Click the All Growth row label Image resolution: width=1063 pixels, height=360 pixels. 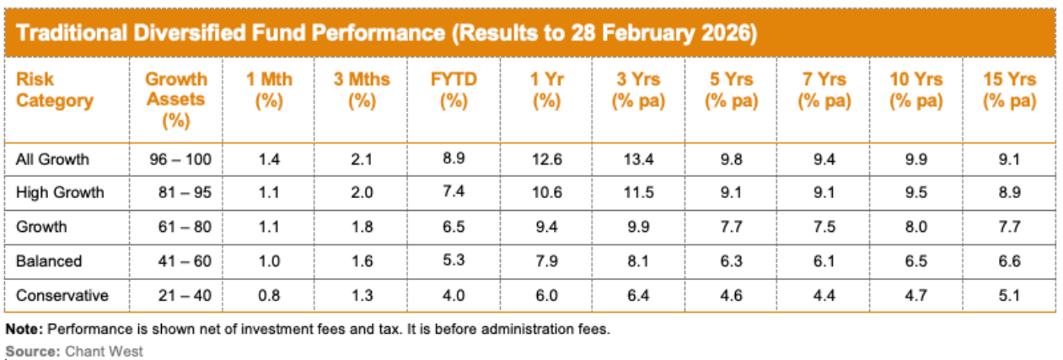pyautogui.click(x=52, y=158)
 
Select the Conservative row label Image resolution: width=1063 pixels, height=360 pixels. pyautogui.click(x=62, y=296)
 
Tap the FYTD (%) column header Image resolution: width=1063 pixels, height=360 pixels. pyautogui.click(x=454, y=90)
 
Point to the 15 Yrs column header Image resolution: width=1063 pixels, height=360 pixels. pyautogui.click(x=1009, y=90)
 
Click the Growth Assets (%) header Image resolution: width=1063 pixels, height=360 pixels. pyautogui.click(x=176, y=99)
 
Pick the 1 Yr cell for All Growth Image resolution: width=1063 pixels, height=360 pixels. pyautogui.click(x=546, y=158)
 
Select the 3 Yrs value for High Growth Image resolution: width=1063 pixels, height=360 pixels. pyautogui.click(x=638, y=192)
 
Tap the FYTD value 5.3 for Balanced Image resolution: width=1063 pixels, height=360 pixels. pyautogui.click(x=454, y=261)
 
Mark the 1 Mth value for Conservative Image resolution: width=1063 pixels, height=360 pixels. pyautogui.click(x=268, y=296)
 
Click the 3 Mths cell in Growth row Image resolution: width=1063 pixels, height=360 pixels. pyautogui.click(x=361, y=227)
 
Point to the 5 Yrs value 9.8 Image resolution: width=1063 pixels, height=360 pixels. pyautogui.click(x=731, y=158)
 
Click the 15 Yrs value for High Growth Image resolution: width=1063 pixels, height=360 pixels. pyautogui.click(x=1009, y=192)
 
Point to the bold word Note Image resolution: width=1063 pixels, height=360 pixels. pyautogui.click(x=20, y=330)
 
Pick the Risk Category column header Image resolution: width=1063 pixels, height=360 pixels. pyautogui.click(x=55, y=90)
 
